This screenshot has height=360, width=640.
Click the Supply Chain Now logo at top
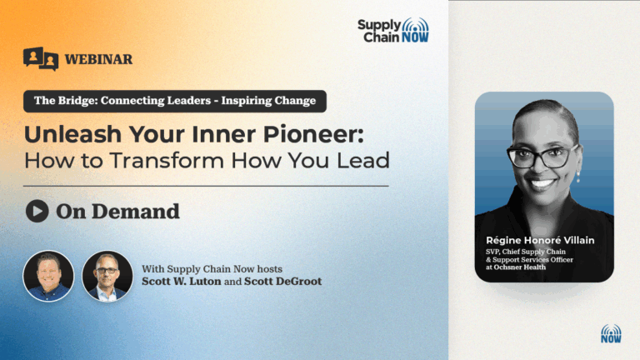coord(393,31)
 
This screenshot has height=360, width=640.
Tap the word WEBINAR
coord(98,59)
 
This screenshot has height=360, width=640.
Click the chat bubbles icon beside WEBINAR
coord(41,59)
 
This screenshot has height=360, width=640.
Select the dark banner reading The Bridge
coord(175,101)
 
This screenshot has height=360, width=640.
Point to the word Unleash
coord(73,134)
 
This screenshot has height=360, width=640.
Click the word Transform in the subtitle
coord(167,160)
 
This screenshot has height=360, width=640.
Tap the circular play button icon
coord(37,211)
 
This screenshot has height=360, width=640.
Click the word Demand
coord(136,212)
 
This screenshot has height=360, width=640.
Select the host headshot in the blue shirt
coord(48,277)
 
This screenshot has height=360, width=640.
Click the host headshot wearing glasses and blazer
coord(107,277)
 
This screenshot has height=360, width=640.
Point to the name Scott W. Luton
coord(181,281)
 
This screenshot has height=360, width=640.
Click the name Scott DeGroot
coord(282,281)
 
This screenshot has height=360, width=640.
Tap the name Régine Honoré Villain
coord(540,240)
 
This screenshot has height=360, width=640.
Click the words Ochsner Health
coord(520,267)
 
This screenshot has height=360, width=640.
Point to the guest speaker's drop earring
coord(577,177)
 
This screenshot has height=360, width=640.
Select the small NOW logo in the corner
coord(611,333)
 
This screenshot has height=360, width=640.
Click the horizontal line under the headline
coord(206,186)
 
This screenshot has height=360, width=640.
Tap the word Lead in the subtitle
coord(363,160)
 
